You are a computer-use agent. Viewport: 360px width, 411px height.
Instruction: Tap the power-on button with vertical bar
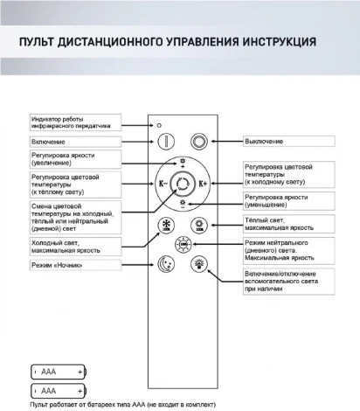pyautogui.click(x=164, y=140)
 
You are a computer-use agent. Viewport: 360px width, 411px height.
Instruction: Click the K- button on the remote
pyautogui.click(x=161, y=184)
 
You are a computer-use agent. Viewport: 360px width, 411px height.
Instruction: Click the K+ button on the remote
pyautogui.click(x=204, y=184)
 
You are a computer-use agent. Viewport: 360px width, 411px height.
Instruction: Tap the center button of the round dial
pyautogui.click(x=183, y=184)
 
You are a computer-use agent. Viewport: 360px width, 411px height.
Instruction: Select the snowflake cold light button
pyautogui.click(x=164, y=225)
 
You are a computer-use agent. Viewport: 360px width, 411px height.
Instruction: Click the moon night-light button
pyautogui.click(x=164, y=261)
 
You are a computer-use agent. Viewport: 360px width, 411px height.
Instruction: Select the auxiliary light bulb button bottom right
pyautogui.click(x=200, y=261)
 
